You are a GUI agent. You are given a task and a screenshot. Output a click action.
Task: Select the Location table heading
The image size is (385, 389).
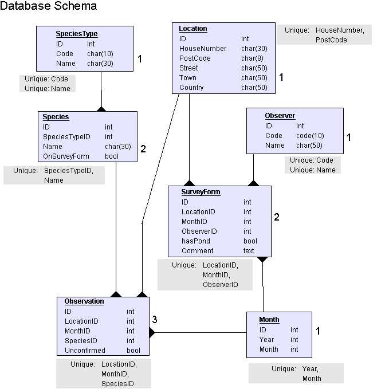tap(193, 29)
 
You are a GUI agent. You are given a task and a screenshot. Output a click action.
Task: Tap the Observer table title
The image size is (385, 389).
tap(280, 116)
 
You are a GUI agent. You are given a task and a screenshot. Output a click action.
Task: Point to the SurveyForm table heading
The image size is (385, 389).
tap(201, 192)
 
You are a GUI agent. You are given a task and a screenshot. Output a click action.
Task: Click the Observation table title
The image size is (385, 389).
tap(84, 301)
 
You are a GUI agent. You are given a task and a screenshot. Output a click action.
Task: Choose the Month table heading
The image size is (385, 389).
tap(269, 320)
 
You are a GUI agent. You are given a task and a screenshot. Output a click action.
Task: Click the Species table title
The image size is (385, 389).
tap(56, 117)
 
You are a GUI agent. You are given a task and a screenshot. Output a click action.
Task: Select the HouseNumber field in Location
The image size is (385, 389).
tap(203, 49)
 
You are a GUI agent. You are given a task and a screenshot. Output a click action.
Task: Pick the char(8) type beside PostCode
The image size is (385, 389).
tap(252, 58)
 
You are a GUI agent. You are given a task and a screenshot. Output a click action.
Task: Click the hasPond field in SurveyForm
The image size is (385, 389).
tap(196, 241)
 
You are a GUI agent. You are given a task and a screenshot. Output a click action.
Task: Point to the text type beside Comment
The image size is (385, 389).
tap(249, 251)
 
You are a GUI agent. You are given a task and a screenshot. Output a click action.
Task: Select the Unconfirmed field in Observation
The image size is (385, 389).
tap(85, 351)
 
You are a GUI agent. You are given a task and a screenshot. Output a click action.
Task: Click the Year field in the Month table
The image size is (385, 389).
tap(267, 340)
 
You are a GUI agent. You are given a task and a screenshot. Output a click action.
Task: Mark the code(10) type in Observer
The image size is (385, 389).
tap(310, 136)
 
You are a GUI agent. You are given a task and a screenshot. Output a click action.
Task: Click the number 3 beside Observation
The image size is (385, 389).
tap(155, 319)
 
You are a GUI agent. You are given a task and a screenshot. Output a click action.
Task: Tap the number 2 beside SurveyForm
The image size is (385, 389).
tap(276, 217)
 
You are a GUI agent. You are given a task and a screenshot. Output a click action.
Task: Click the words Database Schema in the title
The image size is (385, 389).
tap(48, 6)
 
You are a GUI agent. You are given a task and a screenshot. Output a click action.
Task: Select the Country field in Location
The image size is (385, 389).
tap(191, 88)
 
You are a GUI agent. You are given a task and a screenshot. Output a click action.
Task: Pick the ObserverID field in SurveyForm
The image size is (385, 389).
tap(199, 231)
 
